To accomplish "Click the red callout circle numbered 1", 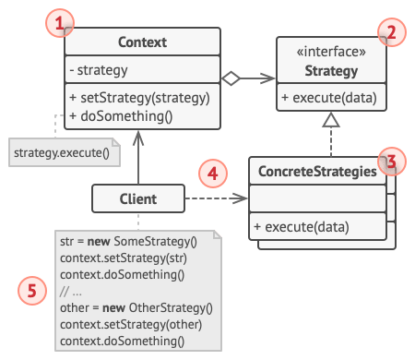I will click(61, 23).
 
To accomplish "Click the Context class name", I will click(142, 42).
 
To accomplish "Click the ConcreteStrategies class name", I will click(316, 172).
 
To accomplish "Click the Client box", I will click(137, 198).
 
